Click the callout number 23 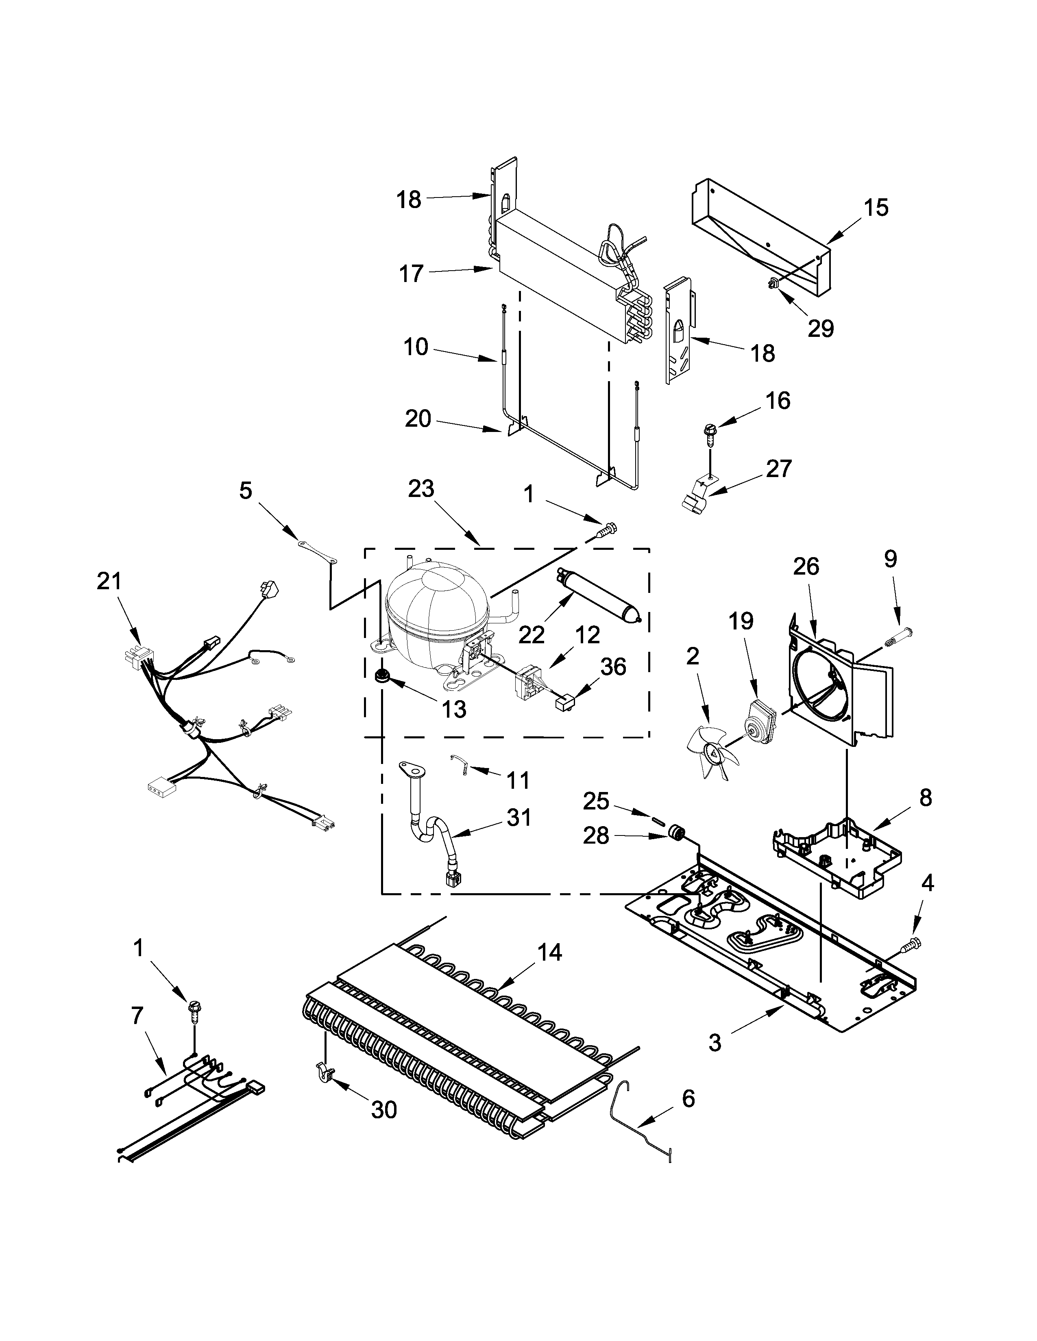click(421, 489)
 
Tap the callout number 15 click(876, 208)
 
